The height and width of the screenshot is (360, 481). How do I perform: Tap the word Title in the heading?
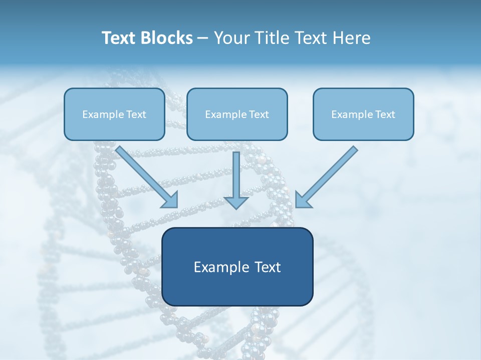pyautogui.click(x=271, y=38)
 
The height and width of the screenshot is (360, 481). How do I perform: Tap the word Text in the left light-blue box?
pyautogui.click(x=136, y=114)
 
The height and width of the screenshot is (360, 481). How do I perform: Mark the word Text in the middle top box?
pyautogui.click(x=259, y=114)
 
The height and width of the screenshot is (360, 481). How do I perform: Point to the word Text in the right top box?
pyautogui.click(x=385, y=114)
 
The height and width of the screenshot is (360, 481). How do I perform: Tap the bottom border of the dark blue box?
pyautogui.click(x=237, y=305)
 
